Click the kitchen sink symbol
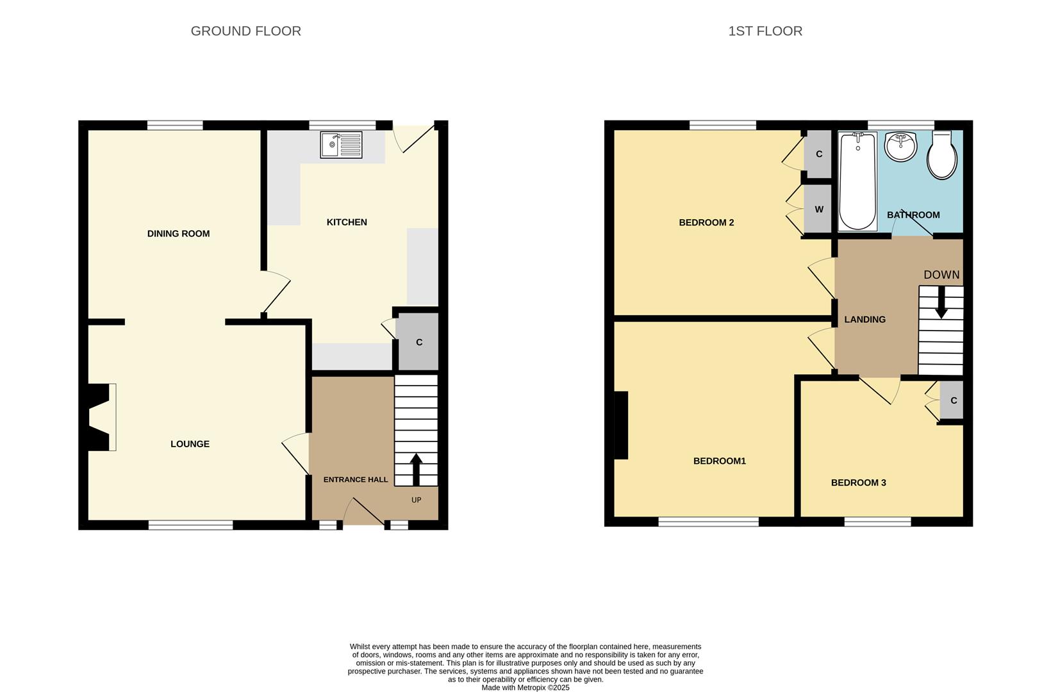click(341, 145)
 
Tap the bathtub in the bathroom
click(857, 181)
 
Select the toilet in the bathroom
click(942, 156)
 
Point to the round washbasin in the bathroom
click(901, 147)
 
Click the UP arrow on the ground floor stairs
click(416, 470)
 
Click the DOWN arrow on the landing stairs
click(941, 302)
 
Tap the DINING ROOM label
click(178, 234)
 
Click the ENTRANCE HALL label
click(356, 479)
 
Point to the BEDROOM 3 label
click(858, 482)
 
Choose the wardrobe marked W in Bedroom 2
click(818, 210)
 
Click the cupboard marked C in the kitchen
click(418, 342)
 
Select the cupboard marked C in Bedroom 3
click(952, 400)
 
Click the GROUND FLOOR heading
click(245, 31)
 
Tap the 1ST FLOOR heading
click(765, 31)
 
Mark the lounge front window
click(190, 525)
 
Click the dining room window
click(175, 126)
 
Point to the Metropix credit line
click(525, 688)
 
